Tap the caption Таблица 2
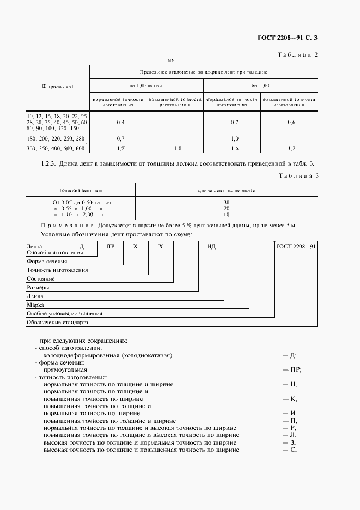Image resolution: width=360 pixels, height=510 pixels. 297,55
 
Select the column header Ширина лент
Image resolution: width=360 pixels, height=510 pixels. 57,86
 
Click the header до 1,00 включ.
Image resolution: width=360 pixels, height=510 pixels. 147,86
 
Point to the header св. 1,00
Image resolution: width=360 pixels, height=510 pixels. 260,86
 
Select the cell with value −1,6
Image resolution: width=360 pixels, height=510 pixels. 232,148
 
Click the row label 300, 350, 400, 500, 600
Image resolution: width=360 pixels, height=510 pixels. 56,148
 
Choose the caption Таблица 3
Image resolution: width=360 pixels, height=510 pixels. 297,175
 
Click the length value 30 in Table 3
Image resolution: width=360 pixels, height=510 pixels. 226,202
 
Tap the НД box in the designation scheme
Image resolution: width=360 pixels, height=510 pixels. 211,246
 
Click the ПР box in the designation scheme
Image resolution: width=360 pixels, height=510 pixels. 111,246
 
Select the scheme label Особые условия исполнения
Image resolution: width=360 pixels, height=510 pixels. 64,314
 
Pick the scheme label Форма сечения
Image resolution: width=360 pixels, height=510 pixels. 47,261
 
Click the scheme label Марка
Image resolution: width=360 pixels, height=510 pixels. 35,305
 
